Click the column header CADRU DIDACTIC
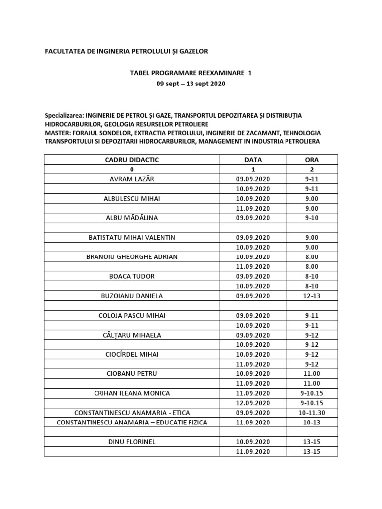click(x=132, y=160)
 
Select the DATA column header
click(x=253, y=160)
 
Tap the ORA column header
click(x=312, y=160)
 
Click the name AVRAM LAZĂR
click(x=132, y=179)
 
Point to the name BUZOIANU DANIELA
click(x=132, y=296)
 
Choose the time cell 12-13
click(x=312, y=296)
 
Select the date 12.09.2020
click(x=253, y=403)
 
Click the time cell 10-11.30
click(x=312, y=413)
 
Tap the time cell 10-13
click(x=312, y=422)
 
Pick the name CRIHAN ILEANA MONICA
click(x=132, y=393)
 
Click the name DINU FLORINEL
click(x=132, y=441)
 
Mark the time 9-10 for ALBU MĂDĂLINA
click(x=312, y=218)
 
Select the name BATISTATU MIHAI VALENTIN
click(x=132, y=237)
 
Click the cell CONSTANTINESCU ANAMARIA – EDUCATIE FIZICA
click(x=132, y=422)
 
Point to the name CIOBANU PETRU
click(x=132, y=373)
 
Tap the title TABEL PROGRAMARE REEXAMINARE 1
click(x=191, y=73)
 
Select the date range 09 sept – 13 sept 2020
click(x=191, y=84)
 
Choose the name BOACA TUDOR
click(x=132, y=276)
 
